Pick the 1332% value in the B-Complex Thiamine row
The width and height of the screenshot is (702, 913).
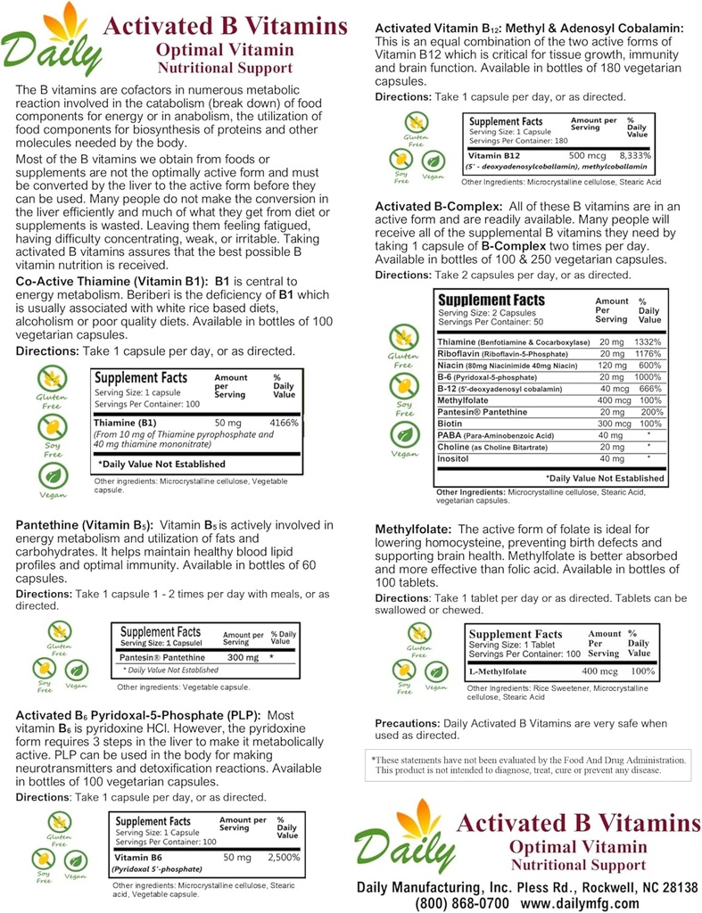646,341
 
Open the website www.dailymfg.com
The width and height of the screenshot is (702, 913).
582,902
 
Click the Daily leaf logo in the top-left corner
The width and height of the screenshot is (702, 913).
50,40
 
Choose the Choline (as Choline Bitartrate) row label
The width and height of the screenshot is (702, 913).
492,446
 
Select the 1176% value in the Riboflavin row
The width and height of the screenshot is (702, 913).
646,353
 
